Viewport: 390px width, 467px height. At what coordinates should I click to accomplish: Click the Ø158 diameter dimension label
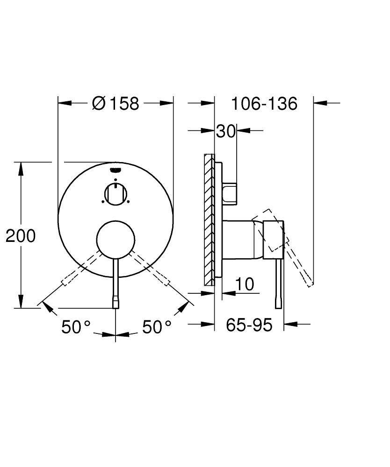pos(116,103)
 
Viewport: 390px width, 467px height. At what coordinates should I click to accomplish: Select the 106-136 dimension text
pos(264,103)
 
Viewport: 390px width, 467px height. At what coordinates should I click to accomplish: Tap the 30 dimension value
pos(225,132)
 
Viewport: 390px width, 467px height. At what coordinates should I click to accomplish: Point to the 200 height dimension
pos(21,236)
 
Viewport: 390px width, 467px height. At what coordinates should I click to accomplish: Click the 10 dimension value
pos(244,284)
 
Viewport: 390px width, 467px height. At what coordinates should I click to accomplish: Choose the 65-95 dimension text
pos(249,325)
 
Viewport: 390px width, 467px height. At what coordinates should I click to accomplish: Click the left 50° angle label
pos(76,327)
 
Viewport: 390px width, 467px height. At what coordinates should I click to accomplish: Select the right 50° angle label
pos(157,327)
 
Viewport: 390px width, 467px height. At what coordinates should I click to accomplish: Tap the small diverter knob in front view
pos(116,193)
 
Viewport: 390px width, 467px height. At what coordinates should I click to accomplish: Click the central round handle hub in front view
pos(116,239)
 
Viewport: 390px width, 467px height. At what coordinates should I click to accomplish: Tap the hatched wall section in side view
pos(209,219)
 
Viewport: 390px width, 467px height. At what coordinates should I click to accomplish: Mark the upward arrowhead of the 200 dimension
pos(21,168)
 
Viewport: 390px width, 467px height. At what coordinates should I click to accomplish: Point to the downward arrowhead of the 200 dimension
pos(21,302)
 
